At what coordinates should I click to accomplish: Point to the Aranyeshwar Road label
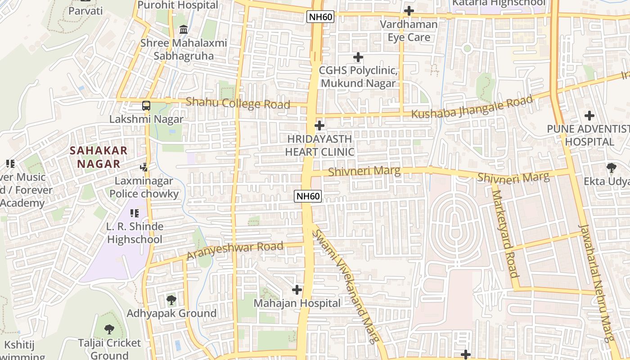pyautogui.click(x=234, y=250)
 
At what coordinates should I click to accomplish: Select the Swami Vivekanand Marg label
pyautogui.click(x=345, y=286)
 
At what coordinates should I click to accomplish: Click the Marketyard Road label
pyautogui.click(x=504, y=234)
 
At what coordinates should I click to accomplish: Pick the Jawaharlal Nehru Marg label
pyautogui.click(x=596, y=283)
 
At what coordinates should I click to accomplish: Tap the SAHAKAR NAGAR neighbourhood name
pyautogui.click(x=99, y=157)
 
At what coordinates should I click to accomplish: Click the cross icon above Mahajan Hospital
pyautogui.click(x=297, y=290)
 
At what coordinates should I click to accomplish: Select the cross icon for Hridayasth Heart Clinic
pyautogui.click(x=319, y=125)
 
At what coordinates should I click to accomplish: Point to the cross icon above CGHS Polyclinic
pyautogui.click(x=358, y=57)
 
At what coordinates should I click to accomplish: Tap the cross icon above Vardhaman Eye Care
pyautogui.click(x=409, y=11)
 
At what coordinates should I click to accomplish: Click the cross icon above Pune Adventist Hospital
pyautogui.click(x=589, y=116)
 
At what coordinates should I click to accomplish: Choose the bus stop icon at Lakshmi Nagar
pyautogui.click(x=146, y=106)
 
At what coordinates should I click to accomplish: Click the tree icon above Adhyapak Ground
pyautogui.click(x=171, y=300)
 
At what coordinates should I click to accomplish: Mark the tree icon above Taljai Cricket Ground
pyautogui.click(x=109, y=329)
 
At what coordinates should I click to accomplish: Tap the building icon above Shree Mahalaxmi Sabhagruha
pyautogui.click(x=184, y=30)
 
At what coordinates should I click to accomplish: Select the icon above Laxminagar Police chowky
pyautogui.click(x=144, y=167)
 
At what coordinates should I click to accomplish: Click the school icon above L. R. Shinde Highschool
pyautogui.click(x=135, y=213)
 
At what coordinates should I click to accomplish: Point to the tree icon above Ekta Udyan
pyautogui.click(x=611, y=168)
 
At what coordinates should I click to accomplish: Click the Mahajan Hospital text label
pyautogui.click(x=297, y=303)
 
